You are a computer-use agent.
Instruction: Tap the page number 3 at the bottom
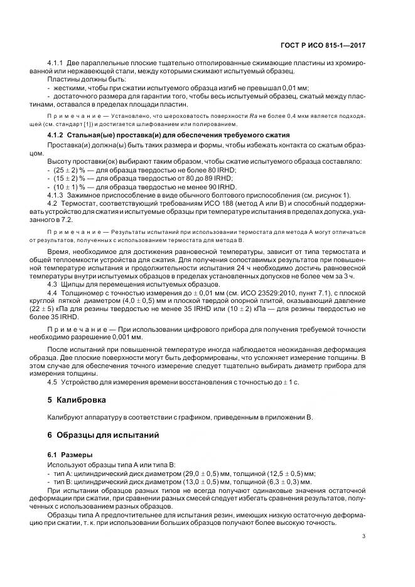coord(364,536)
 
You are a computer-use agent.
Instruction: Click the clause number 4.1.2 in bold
coord(58,135)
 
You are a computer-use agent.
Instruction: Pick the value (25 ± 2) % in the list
coord(68,170)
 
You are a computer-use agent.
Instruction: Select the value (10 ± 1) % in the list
coord(68,187)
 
